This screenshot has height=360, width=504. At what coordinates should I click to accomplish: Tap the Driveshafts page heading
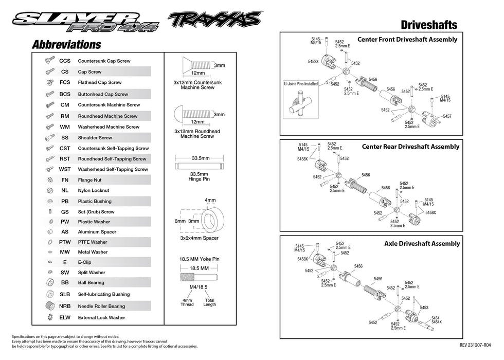pyautogui.click(x=428, y=25)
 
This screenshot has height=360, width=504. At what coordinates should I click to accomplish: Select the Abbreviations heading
pyautogui.click(x=66, y=45)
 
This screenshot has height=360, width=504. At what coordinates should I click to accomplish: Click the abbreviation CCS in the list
pyautogui.click(x=65, y=61)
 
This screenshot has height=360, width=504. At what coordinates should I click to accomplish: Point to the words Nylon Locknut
pyautogui.click(x=93, y=190)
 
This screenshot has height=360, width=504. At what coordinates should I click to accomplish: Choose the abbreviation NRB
pyautogui.click(x=65, y=306)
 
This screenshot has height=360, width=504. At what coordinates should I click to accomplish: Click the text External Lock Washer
pyautogui.click(x=101, y=317)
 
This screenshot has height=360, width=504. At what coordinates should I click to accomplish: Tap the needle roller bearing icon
pyautogui.click(x=50, y=306)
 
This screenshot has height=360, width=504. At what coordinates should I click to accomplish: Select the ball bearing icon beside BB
pyautogui.click(x=50, y=282)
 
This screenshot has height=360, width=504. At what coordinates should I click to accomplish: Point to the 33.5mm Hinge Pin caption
pyautogui.click(x=197, y=177)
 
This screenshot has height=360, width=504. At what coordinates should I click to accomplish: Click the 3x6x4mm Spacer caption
pyautogui.click(x=199, y=238)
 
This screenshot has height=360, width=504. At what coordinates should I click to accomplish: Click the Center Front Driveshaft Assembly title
pyautogui.click(x=407, y=39)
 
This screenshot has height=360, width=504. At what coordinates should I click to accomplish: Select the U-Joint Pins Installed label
pyautogui.click(x=301, y=83)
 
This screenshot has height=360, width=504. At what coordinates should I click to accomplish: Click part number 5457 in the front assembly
pyautogui.click(x=447, y=116)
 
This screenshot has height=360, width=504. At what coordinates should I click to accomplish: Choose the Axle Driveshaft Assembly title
pyautogui.click(x=422, y=243)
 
